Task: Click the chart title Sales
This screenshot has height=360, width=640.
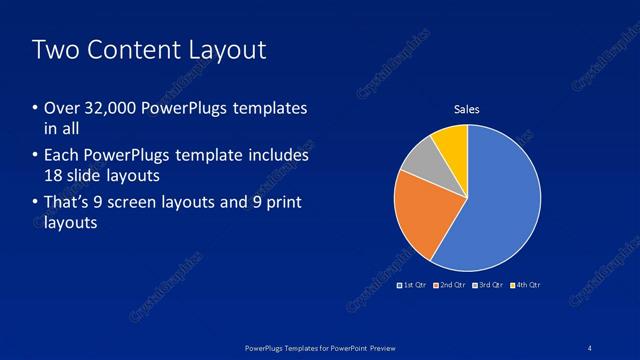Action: pos(467,109)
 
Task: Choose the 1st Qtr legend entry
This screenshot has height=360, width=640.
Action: pos(415,285)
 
